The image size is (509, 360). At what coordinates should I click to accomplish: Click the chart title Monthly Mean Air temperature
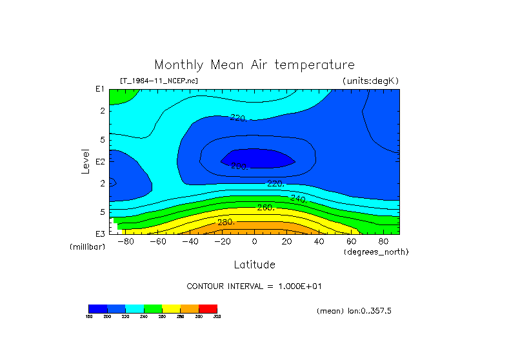click(x=254, y=65)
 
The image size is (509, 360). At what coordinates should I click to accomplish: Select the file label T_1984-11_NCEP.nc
click(x=159, y=81)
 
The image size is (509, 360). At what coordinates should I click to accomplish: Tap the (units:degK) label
click(x=371, y=81)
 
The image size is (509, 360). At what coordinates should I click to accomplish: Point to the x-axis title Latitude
click(x=254, y=265)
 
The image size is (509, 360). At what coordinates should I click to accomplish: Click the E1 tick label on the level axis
click(x=100, y=89)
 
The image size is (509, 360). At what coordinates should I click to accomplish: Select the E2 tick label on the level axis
click(x=100, y=161)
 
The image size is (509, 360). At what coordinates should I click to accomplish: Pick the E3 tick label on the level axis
click(x=100, y=233)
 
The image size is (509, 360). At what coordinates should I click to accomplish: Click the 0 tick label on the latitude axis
click(x=254, y=241)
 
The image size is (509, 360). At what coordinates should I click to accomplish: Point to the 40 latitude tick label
click(x=319, y=241)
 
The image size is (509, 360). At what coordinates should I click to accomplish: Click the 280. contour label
click(x=226, y=223)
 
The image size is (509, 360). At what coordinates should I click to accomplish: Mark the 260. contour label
click(x=266, y=208)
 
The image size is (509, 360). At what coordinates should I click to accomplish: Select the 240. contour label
click(x=298, y=198)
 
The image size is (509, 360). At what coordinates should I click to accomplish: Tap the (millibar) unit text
click(x=87, y=247)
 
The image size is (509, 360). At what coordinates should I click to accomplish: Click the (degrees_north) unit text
click(x=376, y=251)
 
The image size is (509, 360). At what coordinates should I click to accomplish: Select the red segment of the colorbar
click(x=208, y=308)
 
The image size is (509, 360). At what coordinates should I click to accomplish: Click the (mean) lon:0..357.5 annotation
click(x=354, y=311)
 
